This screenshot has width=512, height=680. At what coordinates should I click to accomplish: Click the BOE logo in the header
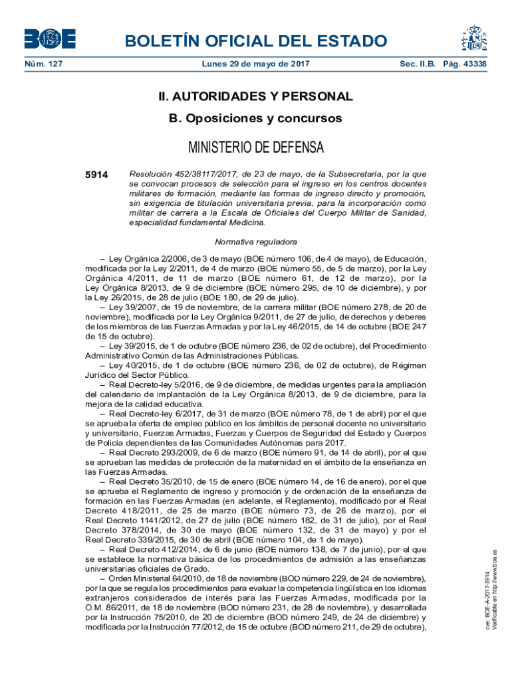pos(51,39)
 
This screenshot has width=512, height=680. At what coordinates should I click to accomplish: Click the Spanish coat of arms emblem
pos(475,39)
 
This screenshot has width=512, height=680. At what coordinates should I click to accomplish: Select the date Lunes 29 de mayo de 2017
pos(256,64)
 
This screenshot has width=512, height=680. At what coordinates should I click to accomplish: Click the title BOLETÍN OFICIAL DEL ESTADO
pos(256,41)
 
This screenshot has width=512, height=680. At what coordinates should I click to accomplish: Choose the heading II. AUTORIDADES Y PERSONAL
pos(256,96)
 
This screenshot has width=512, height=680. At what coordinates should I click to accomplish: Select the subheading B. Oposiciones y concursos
pos(256,118)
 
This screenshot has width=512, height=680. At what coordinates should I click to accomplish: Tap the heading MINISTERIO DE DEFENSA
pos(256,146)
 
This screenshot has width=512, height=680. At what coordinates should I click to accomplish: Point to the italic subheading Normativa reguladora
pos(256,242)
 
